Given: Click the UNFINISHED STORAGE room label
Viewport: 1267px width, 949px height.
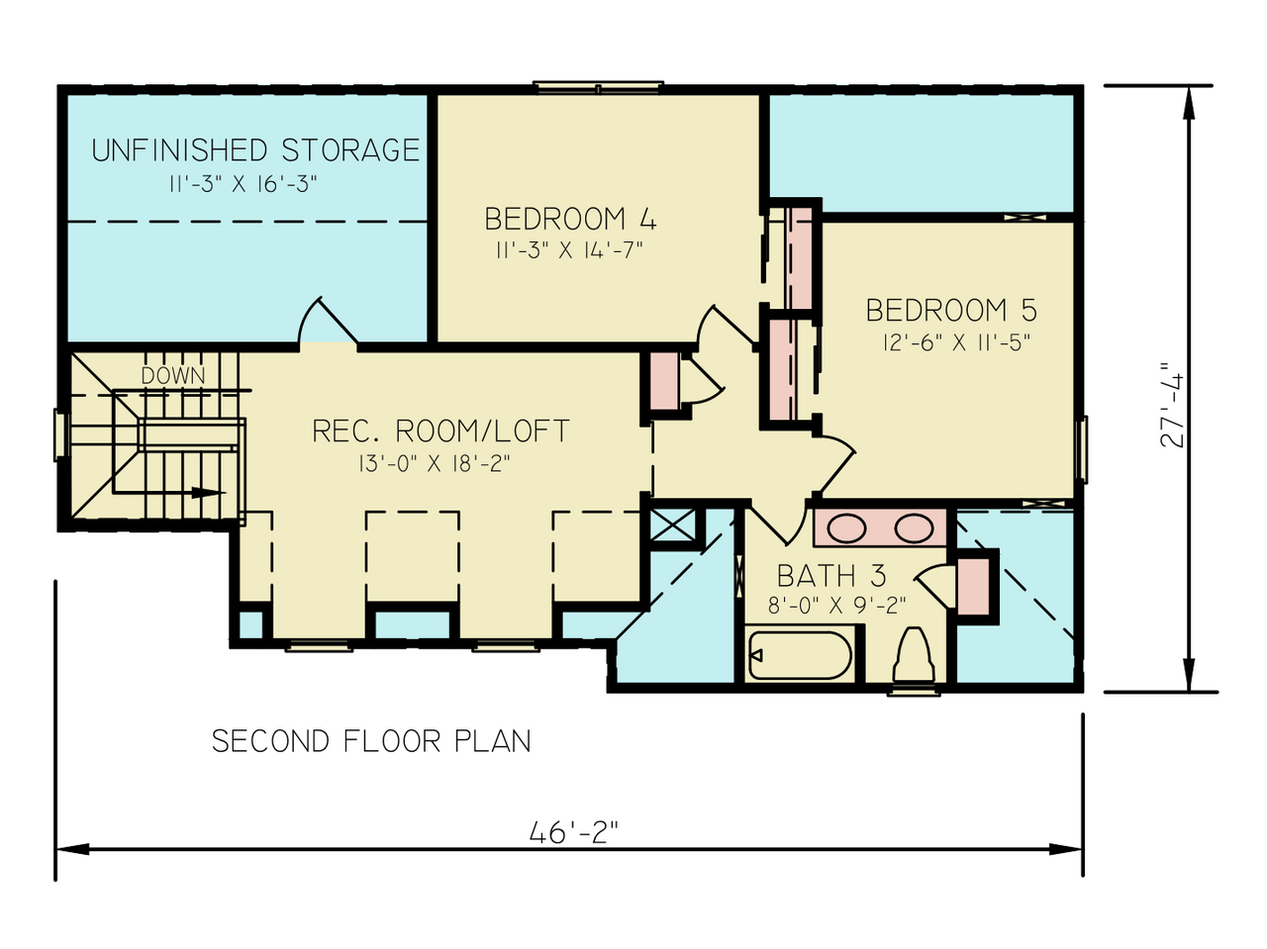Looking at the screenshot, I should [255, 150].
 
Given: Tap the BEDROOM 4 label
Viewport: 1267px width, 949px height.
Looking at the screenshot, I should [570, 219].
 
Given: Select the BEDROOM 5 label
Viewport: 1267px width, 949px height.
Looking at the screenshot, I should [951, 311].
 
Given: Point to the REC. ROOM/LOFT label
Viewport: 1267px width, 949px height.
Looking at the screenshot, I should [440, 431].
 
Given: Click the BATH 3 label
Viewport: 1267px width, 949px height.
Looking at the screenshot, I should [831, 576].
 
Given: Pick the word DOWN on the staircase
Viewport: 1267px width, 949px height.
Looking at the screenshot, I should [173, 376].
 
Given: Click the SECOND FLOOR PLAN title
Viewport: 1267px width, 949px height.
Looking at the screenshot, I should [371, 741].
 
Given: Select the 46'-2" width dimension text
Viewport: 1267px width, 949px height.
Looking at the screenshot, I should [573, 833].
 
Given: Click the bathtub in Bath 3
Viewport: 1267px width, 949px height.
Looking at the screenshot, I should [800, 655].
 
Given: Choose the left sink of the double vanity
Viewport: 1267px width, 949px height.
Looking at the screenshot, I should [847, 528].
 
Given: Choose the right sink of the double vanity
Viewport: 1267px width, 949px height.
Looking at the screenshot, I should [914, 528].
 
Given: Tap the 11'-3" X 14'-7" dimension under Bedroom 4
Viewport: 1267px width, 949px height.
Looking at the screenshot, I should [569, 250].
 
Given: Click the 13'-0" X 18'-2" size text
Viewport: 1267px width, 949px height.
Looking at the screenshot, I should [436, 463].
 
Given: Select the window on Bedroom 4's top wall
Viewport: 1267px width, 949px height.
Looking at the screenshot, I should [599, 87].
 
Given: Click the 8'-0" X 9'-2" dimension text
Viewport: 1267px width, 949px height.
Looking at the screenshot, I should [837, 606].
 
